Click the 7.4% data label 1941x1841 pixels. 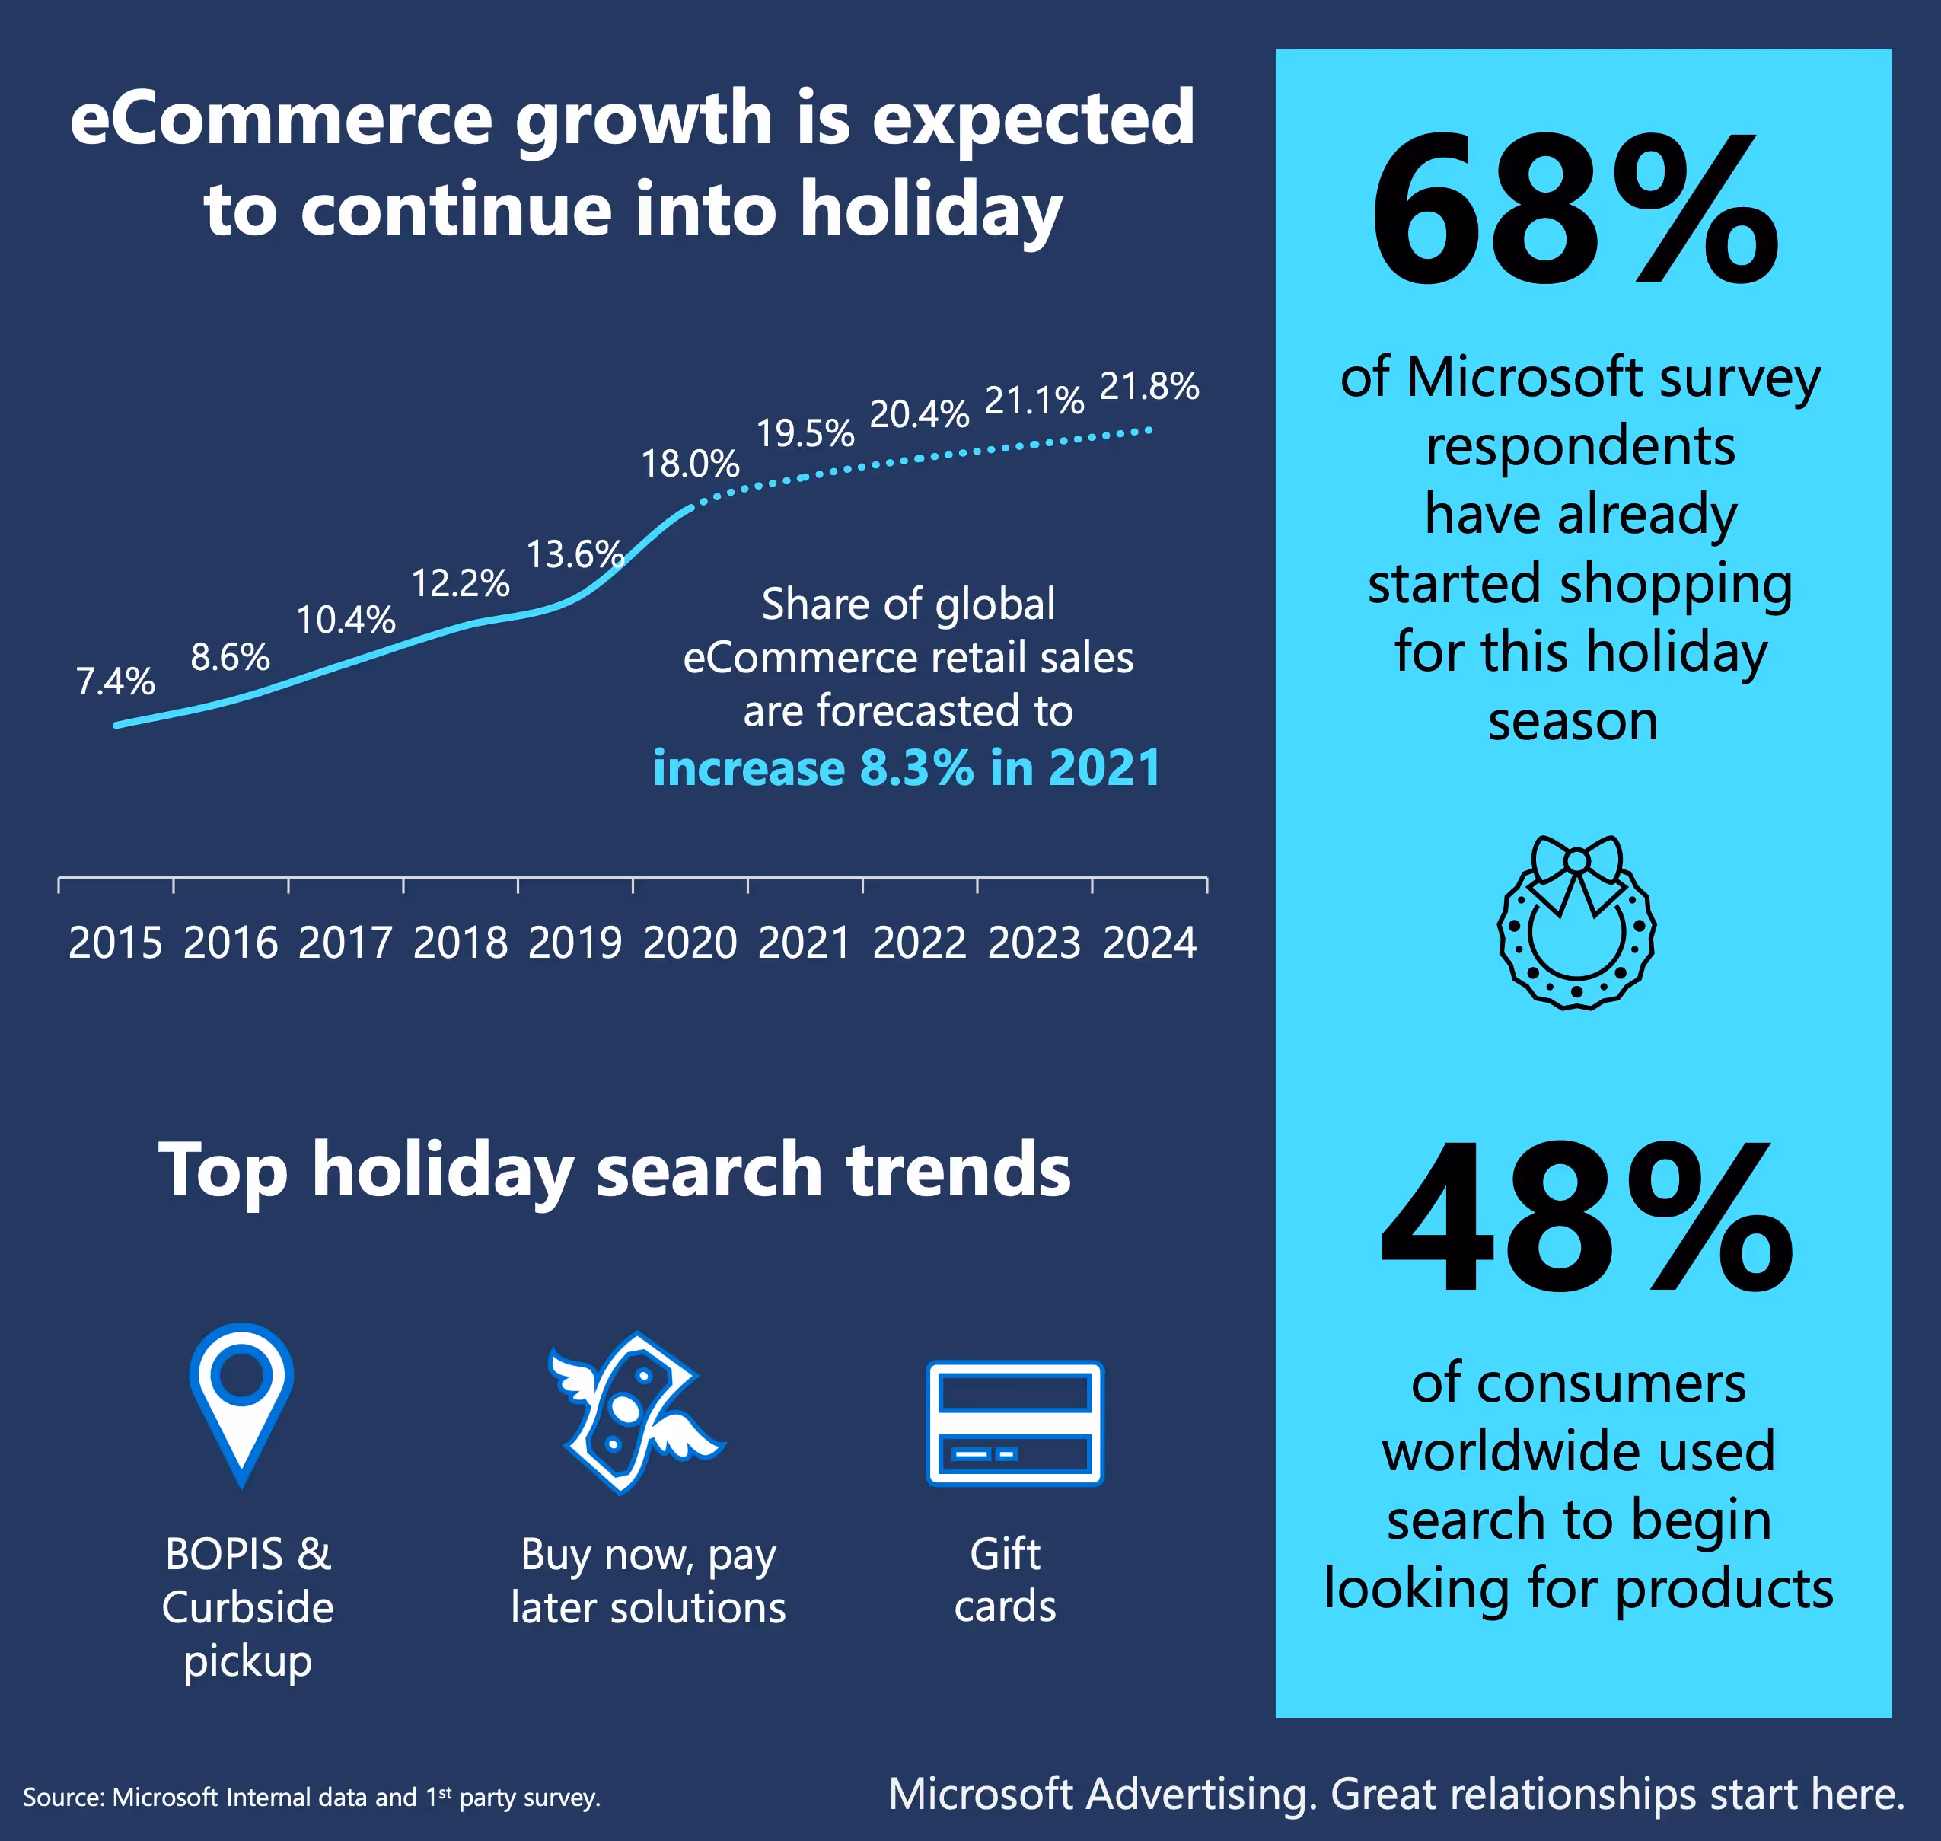tap(116, 681)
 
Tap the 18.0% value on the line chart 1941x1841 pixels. tap(690, 463)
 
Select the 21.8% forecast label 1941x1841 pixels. tap(1149, 386)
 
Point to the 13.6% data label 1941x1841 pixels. tap(575, 554)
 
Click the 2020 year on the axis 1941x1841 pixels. tap(690, 943)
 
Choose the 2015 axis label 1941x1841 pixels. tap(116, 943)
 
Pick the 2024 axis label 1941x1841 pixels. tap(1149, 943)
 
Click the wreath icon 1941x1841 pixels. tap(1576, 932)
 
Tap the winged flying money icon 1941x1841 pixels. tap(634, 1413)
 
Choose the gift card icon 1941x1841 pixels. tap(1015, 1422)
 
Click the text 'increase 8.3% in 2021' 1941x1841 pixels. tap(907, 767)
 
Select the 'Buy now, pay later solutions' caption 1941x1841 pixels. tap(648, 1580)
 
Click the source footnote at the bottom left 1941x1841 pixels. tap(311, 1798)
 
